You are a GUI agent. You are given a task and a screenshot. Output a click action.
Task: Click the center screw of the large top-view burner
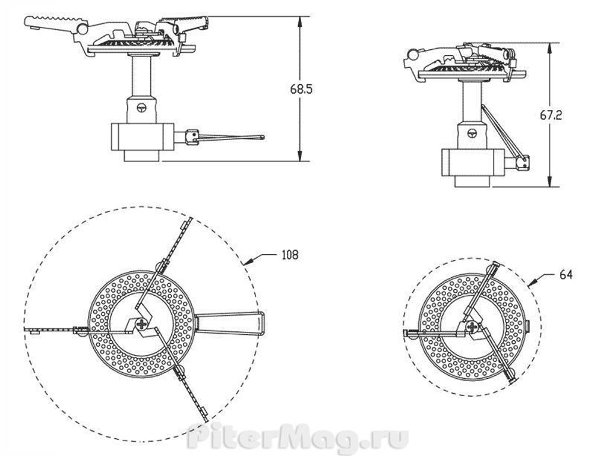pos(142,324)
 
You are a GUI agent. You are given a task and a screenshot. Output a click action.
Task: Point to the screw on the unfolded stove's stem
pos(141,108)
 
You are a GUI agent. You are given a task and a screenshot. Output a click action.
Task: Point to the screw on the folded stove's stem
pos(473,133)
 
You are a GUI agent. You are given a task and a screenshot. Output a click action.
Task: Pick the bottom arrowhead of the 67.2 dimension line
pos(551,183)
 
